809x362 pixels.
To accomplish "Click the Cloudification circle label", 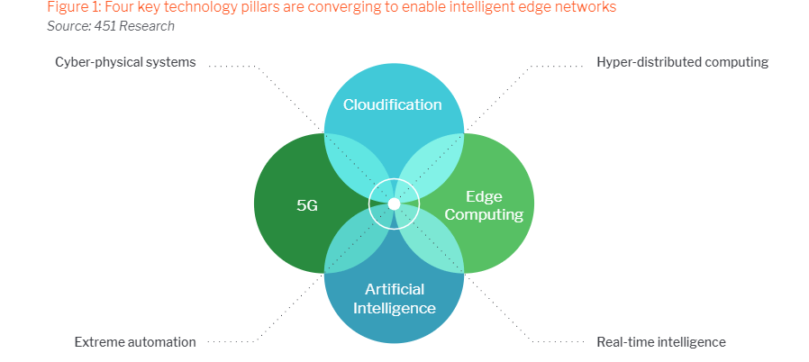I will (x=393, y=104).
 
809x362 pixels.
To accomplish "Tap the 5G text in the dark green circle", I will (x=307, y=204).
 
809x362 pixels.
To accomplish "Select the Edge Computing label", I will (x=484, y=205).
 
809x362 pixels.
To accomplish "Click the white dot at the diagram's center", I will (x=394, y=204).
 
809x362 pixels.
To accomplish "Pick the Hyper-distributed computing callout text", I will (x=682, y=62).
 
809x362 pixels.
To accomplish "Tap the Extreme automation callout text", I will (x=135, y=342).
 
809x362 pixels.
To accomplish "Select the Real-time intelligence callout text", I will (x=660, y=342).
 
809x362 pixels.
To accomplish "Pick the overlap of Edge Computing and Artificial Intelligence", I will (x=435, y=245).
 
